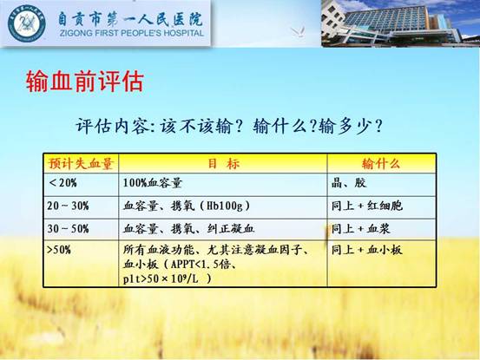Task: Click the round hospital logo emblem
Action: tap(27, 23)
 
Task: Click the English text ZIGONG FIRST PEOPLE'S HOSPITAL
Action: tap(132, 33)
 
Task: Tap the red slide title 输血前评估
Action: tap(85, 82)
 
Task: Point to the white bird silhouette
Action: tap(298, 31)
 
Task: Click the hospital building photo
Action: tap(400, 23)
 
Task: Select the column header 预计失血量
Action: tap(81, 163)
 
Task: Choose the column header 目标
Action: tap(223, 163)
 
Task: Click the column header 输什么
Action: tap(381, 164)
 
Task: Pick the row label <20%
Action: tap(62, 183)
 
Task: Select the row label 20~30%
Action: tap(68, 206)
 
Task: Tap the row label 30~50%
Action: tap(68, 228)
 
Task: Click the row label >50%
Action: tap(59, 250)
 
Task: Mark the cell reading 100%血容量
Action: tap(153, 183)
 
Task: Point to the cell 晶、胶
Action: tap(349, 183)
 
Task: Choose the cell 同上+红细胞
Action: tap(367, 206)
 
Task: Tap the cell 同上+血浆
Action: tap(361, 228)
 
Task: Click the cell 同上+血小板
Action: tap(367, 250)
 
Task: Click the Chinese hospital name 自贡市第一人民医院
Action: tap(130, 19)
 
